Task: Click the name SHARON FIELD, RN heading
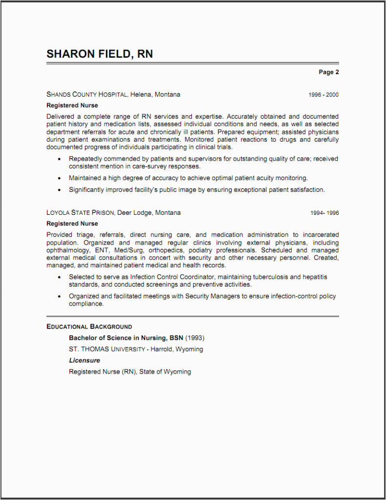point(100,54)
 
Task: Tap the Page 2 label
point(328,72)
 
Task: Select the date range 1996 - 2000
point(323,95)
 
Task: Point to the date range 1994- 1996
point(325,213)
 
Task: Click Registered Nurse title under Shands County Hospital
point(72,105)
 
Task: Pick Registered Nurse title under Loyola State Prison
point(72,224)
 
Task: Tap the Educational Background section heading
point(89,327)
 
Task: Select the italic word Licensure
point(84,360)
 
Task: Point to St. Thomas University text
point(107,349)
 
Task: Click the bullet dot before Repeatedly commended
point(60,159)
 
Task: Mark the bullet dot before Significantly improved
point(60,190)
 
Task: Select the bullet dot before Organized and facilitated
point(60,296)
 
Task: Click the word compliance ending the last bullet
point(86,304)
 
